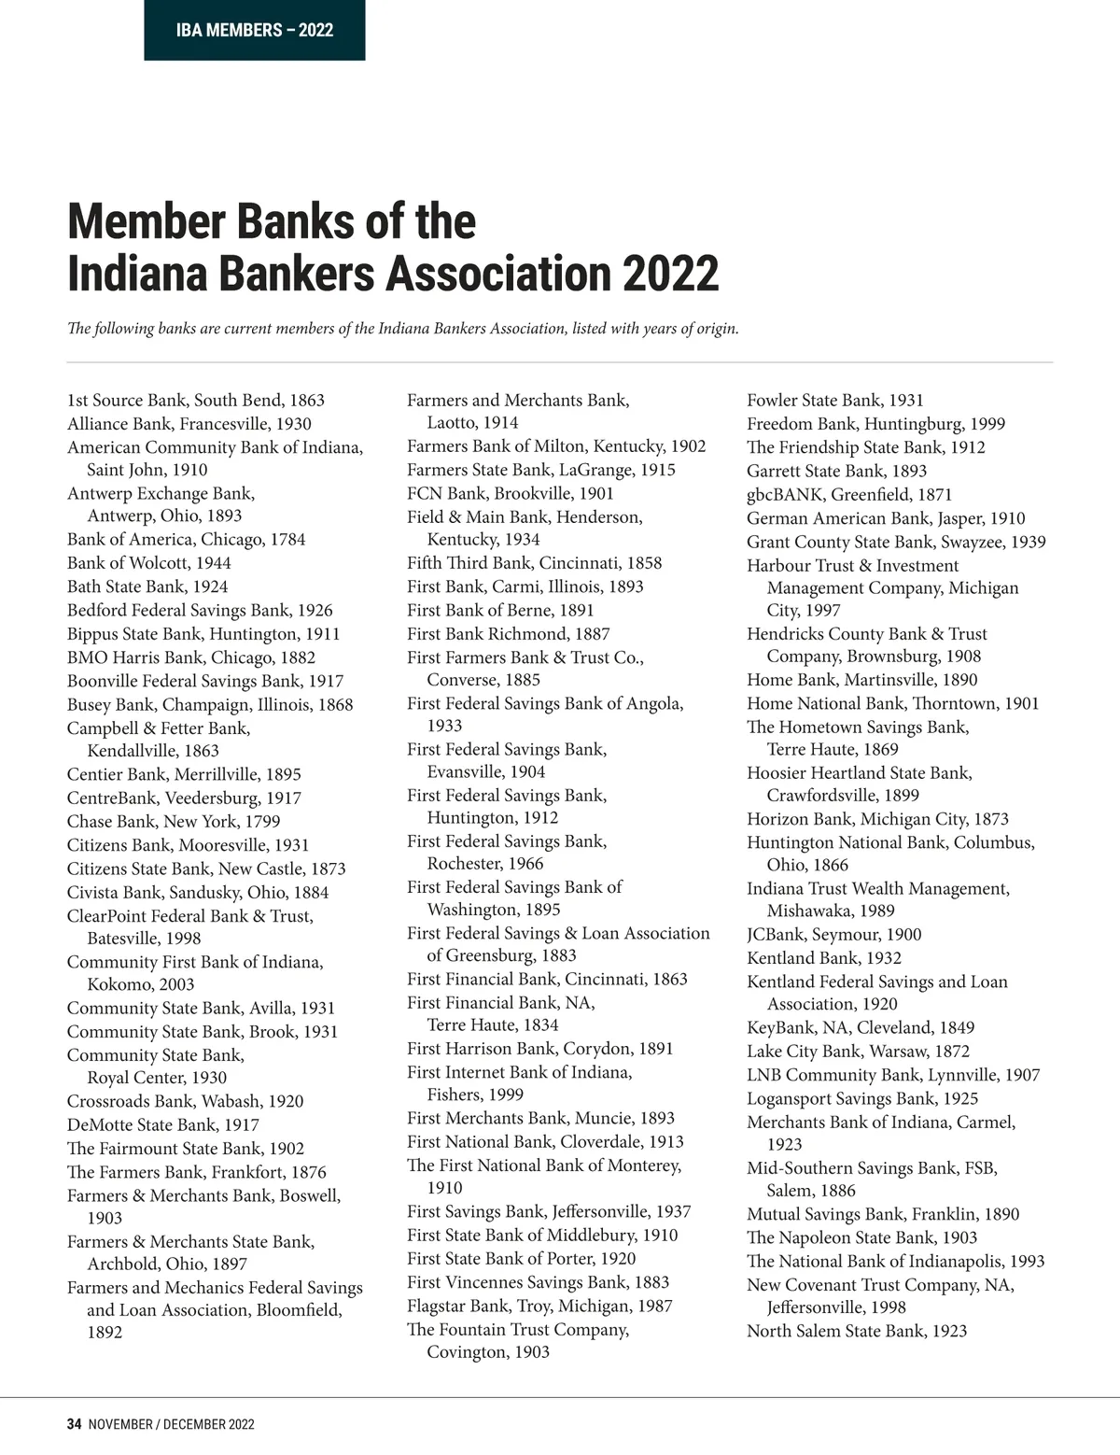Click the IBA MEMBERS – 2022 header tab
[x=254, y=31]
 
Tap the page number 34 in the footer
[x=75, y=1424]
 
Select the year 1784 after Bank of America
[x=287, y=540]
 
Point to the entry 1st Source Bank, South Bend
[x=196, y=401]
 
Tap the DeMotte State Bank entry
[x=163, y=1125]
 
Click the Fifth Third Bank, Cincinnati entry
[x=534, y=563]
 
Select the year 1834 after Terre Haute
[x=540, y=1024]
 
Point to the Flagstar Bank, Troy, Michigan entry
[x=539, y=1307]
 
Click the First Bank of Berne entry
[x=500, y=611]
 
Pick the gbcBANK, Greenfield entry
[x=849, y=495]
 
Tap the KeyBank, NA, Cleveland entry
[x=861, y=1028]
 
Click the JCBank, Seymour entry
[x=833, y=935]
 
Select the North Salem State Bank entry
[x=857, y=1332]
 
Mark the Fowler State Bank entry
[x=835, y=401]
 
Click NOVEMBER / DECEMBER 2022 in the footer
[x=171, y=1424]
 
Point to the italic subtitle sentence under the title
[x=403, y=329]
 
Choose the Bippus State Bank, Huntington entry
[x=203, y=634]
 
